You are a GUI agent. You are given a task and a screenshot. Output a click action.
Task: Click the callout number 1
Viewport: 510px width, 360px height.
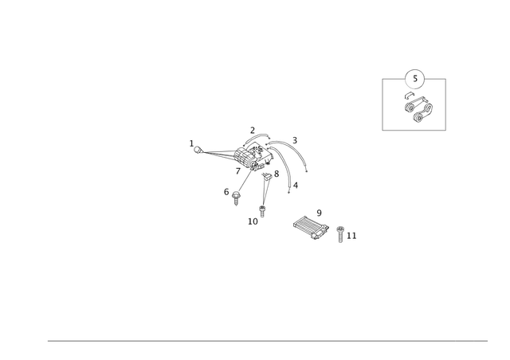191,143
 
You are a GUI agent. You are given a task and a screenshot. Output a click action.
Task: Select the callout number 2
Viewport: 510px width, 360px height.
253,131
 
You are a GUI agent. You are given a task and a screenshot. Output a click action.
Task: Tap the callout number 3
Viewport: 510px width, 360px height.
295,140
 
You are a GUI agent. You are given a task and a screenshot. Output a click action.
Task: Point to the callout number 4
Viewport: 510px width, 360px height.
296,186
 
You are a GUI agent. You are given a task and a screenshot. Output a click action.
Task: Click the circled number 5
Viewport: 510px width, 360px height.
414,79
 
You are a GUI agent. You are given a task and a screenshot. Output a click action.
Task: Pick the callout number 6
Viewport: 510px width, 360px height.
226,192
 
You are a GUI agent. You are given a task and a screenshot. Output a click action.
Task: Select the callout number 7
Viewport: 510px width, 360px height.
238,171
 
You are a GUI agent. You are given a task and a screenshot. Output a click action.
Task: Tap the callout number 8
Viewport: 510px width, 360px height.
277,174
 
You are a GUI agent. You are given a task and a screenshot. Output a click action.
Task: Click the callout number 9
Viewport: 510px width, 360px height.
319,213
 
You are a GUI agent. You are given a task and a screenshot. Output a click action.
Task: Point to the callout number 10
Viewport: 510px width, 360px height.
253,221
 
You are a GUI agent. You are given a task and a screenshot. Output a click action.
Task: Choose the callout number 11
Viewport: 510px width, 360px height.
351,236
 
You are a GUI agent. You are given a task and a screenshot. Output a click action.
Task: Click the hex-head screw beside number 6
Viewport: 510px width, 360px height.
236,198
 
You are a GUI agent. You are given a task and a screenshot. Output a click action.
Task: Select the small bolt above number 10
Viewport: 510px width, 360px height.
262,211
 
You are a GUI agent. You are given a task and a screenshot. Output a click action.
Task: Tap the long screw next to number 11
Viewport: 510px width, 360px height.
340,234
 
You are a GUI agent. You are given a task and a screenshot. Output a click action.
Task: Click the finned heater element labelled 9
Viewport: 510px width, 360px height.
312,229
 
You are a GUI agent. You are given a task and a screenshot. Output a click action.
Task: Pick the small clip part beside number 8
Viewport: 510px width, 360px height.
267,176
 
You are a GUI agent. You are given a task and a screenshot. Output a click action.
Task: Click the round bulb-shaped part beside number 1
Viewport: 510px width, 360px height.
198,150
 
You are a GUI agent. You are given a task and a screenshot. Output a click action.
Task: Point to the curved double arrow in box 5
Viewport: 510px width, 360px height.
410,96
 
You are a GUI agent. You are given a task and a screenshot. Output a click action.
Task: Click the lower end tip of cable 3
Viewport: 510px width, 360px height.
306,171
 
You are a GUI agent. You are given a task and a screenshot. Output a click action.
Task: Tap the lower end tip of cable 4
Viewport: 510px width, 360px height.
288,193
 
